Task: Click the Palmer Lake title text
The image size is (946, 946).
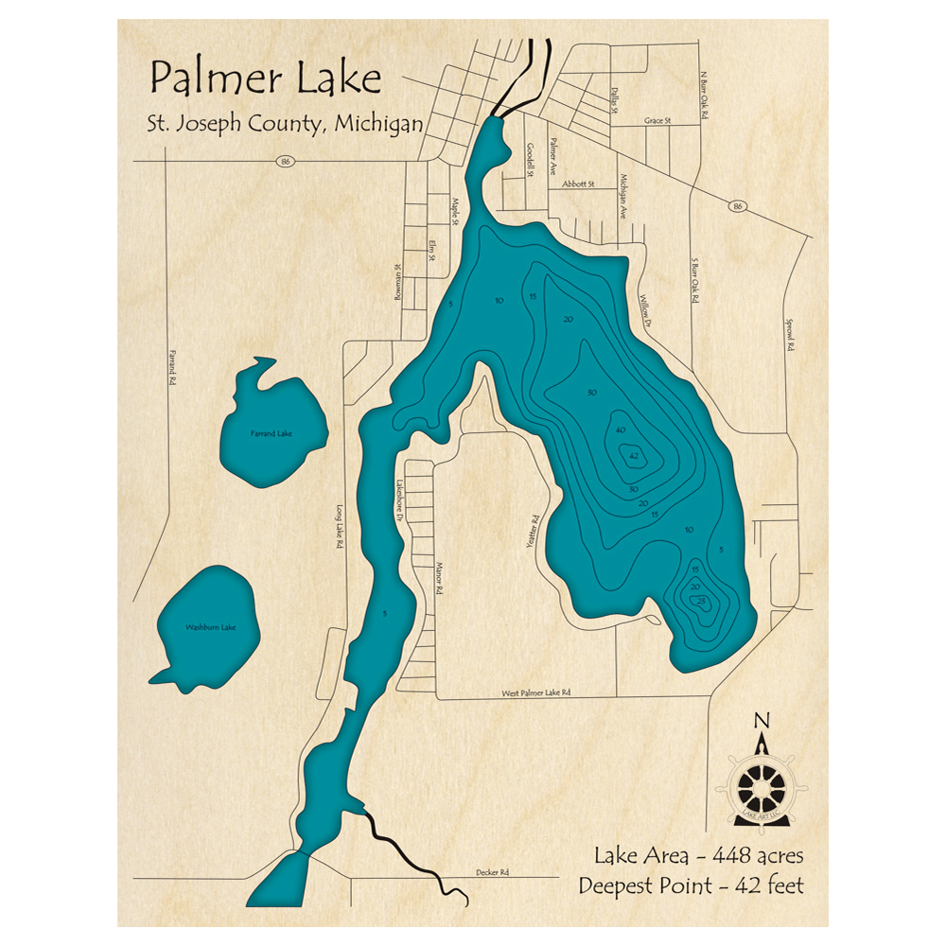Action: pos(265,79)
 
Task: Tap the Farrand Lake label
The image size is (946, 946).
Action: pos(272,434)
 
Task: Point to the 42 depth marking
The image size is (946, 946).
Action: pos(632,456)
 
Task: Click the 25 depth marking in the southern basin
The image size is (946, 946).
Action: pos(702,602)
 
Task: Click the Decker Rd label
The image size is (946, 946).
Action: pos(491,871)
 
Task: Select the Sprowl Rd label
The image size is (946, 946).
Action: pos(787,334)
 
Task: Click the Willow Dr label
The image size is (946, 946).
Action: pos(647,309)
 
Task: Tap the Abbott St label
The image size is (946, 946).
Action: pos(576,184)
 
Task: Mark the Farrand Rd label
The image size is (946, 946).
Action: pos(172,369)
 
